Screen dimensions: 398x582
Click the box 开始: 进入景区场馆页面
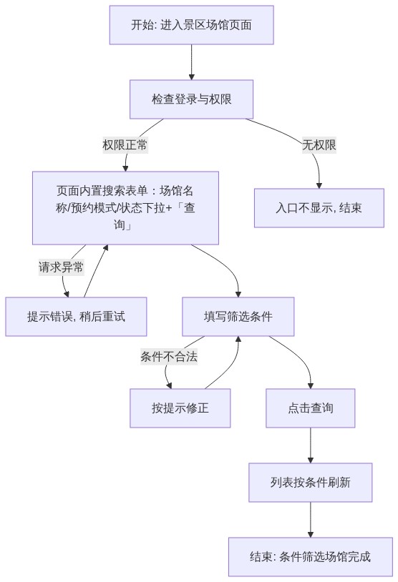tap(191, 25)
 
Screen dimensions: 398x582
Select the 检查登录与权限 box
tap(191, 99)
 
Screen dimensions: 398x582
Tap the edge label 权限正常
tap(125, 144)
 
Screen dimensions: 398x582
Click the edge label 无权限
tap(319, 144)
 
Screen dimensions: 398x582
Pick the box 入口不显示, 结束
tap(319, 208)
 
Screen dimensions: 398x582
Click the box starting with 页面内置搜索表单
tap(125, 208)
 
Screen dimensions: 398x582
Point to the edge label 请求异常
tap(62, 267)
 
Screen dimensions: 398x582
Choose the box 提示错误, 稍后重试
tap(76, 317)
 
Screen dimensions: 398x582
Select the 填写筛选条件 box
tap(238, 317)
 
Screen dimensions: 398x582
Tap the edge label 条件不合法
tap(169, 357)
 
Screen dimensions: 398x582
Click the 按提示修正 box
tap(180, 408)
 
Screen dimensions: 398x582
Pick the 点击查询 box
tap(310, 408)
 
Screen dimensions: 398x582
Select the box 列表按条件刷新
tap(310, 482)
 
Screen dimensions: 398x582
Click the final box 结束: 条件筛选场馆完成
tap(310, 556)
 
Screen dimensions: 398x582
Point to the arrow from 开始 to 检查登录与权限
tap(191, 62)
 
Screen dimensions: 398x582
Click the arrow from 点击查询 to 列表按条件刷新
tap(310, 445)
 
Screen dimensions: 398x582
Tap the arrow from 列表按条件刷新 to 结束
tap(310, 519)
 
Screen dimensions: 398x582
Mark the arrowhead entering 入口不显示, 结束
tap(319, 186)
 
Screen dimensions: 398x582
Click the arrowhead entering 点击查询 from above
tap(310, 385)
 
